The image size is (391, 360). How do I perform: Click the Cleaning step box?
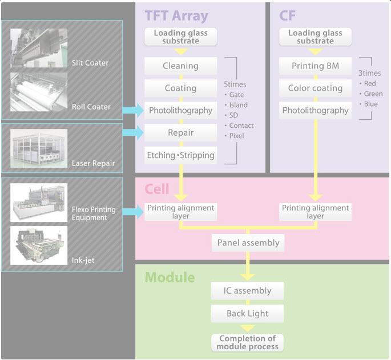pyautogui.click(x=180, y=66)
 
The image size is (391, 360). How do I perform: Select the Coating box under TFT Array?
pyautogui.click(x=180, y=88)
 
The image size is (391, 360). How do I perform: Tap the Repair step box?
pyautogui.click(x=180, y=132)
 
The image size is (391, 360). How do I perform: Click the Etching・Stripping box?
pyautogui.click(x=180, y=155)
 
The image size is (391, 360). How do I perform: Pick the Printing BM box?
pyautogui.click(x=315, y=66)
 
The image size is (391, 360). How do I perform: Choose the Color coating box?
pyautogui.click(x=315, y=88)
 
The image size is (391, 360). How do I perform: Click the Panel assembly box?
pyautogui.click(x=248, y=242)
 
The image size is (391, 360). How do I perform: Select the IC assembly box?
pyautogui.click(x=248, y=290)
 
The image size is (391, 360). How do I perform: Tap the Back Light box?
pyautogui.click(x=248, y=313)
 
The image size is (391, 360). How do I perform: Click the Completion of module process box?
pyautogui.click(x=248, y=342)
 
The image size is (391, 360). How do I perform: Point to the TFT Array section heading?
pyautogui.click(x=176, y=15)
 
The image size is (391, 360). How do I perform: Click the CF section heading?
pyautogui.click(x=287, y=15)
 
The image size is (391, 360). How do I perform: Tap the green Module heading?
pyautogui.click(x=170, y=278)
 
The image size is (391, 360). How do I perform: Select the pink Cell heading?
pyautogui.click(x=157, y=189)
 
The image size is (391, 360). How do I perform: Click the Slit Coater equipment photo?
pyautogui.click(x=39, y=48)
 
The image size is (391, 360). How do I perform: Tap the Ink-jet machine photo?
pyautogui.click(x=39, y=245)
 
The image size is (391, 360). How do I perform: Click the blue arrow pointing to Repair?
pyautogui.click(x=134, y=132)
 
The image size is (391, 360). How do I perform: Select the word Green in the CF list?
pyautogui.click(x=373, y=94)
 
